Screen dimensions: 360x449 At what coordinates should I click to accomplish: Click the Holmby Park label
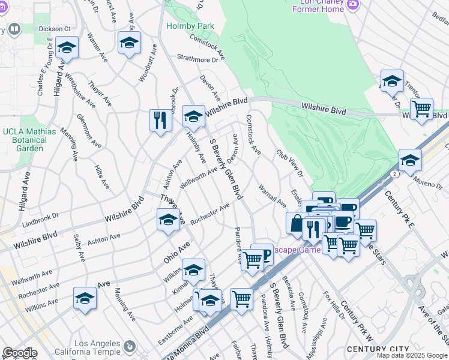190,26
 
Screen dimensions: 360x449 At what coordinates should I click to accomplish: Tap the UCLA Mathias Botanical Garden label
29,140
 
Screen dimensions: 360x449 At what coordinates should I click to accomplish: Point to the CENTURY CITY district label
384,349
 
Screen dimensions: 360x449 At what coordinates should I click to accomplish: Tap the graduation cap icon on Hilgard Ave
67,48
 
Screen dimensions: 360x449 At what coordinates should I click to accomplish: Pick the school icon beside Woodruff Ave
129,43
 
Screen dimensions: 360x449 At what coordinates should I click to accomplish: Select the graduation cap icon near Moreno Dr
410,161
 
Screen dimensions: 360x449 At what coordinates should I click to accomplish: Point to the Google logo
20,353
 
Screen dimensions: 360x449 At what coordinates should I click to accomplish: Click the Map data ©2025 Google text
412,355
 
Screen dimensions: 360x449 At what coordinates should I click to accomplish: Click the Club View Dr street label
290,164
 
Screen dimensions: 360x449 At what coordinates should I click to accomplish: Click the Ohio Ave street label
176,253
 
